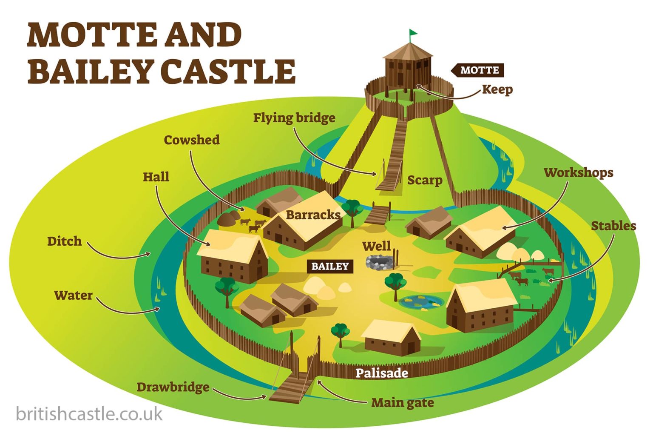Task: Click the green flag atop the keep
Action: (413, 33)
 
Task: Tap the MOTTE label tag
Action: (479, 70)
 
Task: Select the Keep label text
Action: (497, 89)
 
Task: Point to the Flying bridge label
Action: (294, 118)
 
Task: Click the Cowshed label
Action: (192, 140)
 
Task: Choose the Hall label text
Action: (156, 177)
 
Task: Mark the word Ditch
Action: (64, 241)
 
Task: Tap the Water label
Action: (73, 295)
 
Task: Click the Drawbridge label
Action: (173, 387)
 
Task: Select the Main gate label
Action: (403, 402)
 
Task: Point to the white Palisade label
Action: (382, 373)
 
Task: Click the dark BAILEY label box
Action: (330, 267)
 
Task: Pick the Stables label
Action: (613, 226)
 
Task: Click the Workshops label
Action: (579, 172)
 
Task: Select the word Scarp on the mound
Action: (425, 180)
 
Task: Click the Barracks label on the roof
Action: (313, 215)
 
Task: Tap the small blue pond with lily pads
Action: (421, 301)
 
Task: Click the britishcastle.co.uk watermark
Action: (89, 413)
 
